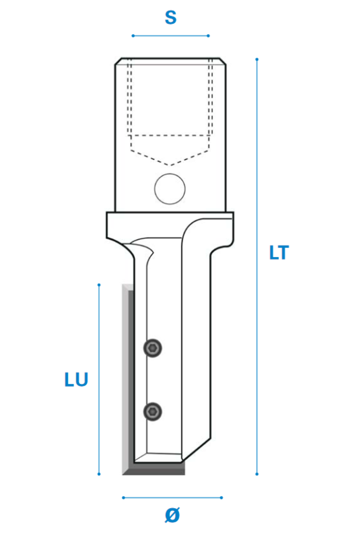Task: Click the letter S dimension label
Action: click(x=171, y=17)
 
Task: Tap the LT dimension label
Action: click(x=279, y=253)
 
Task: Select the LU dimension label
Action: click(x=76, y=380)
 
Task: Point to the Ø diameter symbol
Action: click(x=172, y=515)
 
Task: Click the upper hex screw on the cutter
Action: click(x=153, y=348)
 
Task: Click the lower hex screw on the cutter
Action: click(x=153, y=412)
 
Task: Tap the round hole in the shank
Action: click(x=170, y=189)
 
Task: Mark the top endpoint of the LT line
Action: click(x=257, y=60)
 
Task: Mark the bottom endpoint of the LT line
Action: click(x=257, y=474)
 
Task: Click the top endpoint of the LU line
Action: click(x=99, y=284)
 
